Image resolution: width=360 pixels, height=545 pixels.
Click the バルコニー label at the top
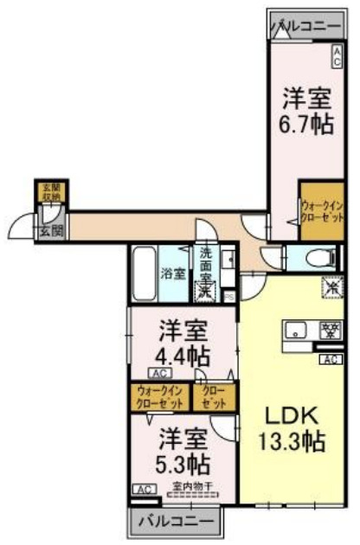pyautogui.click(x=306, y=26)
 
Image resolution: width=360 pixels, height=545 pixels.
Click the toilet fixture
pyautogui.click(x=313, y=257)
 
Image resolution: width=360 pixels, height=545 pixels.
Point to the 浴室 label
pyautogui.click(x=172, y=274)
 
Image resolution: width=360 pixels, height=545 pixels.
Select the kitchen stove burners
pyautogui.click(x=329, y=330)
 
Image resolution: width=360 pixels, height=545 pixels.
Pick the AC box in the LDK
pyautogui.click(x=330, y=359)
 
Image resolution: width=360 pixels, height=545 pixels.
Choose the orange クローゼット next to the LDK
pyautogui.click(x=213, y=397)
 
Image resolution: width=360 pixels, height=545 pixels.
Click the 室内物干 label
pyautogui.click(x=191, y=486)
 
